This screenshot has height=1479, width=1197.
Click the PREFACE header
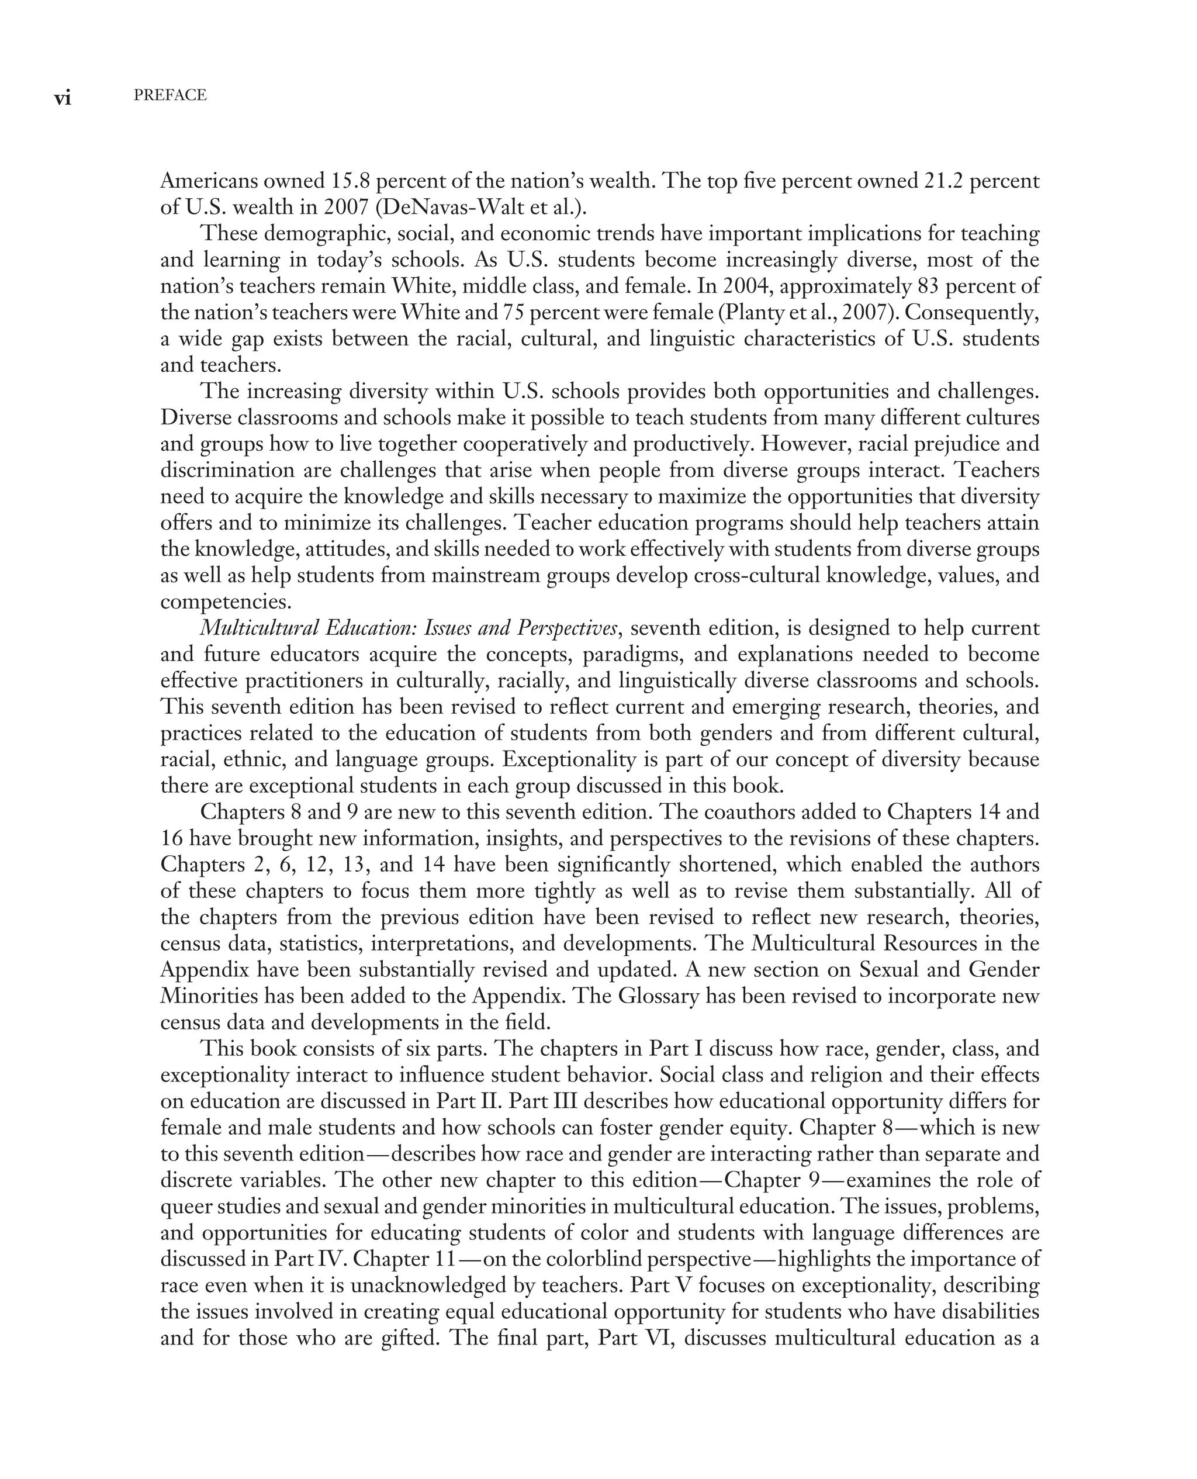coord(169,95)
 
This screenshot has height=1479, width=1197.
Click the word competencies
coord(226,602)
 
